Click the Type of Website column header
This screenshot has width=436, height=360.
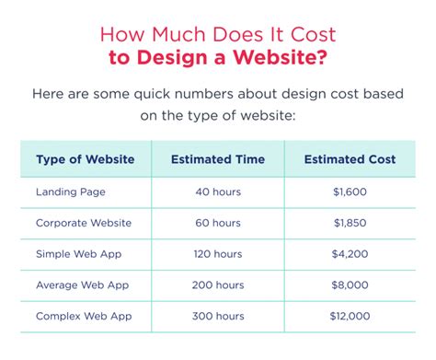85,159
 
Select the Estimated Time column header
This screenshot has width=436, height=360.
217,159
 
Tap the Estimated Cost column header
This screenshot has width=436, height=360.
350,159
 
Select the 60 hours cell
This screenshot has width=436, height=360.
218,222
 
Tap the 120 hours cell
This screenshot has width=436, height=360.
218,253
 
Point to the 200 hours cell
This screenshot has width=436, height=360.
218,285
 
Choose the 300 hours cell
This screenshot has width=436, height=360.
218,316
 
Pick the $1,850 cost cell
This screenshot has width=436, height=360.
350,222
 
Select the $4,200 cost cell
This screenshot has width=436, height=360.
350,253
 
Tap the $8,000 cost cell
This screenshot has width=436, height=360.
350,285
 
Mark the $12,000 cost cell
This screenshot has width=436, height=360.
350,316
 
